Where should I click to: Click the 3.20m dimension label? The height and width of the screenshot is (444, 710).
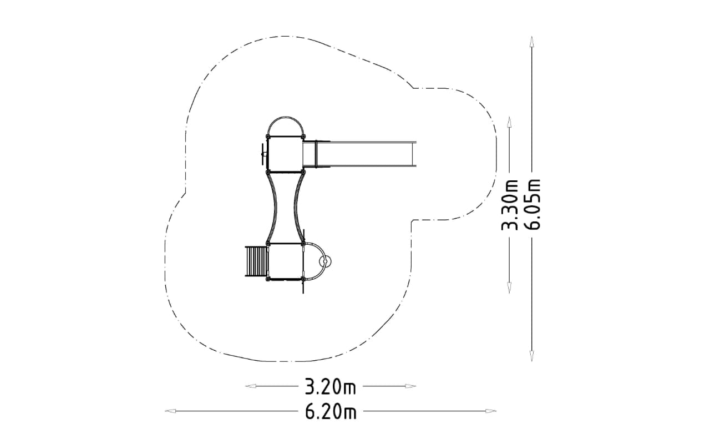pos(330,386)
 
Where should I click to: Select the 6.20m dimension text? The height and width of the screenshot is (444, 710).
pos(331,411)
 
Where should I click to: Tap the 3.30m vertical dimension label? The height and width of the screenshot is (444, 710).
pos(509,205)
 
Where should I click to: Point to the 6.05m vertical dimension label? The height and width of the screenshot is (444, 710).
pos(532,204)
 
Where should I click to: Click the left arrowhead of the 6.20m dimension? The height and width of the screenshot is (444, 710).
pos(170,411)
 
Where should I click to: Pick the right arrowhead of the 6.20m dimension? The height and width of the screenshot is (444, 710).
pos(491,411)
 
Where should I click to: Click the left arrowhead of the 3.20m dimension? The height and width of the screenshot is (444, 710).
pos(250,386)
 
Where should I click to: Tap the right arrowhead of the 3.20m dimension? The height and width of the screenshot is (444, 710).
pos(411,386)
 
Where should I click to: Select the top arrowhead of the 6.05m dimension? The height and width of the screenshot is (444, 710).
pos(532,42)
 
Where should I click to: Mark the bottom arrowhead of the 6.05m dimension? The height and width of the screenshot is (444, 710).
pos(532,356)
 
